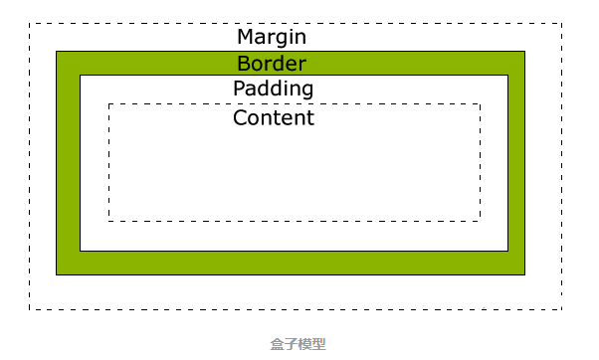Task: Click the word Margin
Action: [272, 38]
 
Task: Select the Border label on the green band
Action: [272, 64]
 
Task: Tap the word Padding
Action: [273, 90]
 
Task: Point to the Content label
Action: [273, 118]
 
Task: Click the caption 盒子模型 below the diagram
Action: [298, 344]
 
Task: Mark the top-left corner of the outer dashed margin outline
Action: [30, 23]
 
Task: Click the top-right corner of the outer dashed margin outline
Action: [562, 23]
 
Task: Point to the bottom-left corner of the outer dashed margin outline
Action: [30, 309]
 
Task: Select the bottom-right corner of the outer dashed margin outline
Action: [562, 309]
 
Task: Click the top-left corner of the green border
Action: [57, 52]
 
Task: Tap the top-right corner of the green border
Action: [523, 52]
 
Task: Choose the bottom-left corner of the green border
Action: [57, 273]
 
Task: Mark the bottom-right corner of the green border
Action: [523, 273]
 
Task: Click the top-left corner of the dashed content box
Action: [108, 103]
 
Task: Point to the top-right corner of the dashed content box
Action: [480, 103]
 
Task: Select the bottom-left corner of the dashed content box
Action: [108, 221]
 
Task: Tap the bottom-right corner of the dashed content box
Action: [480, 221]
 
